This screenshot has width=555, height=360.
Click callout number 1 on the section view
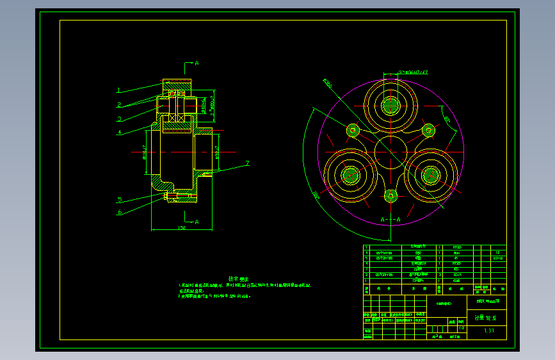coord(119,90)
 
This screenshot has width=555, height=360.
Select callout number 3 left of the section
coord(119,119)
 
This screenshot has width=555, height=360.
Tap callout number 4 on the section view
coord(119,133)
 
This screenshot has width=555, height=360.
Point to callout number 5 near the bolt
coord(119,199)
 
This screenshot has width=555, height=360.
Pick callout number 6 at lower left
coord(119,212)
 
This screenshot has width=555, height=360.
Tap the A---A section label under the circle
coord(390,220)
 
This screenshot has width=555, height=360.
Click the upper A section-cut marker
coord(197,63)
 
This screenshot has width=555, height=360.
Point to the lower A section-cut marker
coord(197,222)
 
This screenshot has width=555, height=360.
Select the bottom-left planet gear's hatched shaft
coord(350,174)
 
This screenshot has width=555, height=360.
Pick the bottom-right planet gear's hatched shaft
coord(430,174)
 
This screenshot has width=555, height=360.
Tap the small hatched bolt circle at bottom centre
coord(390,196)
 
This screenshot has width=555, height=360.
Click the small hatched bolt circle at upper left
coord(353,131)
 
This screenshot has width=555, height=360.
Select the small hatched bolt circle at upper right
coord(428,131)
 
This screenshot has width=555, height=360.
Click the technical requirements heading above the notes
coord(238,279)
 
